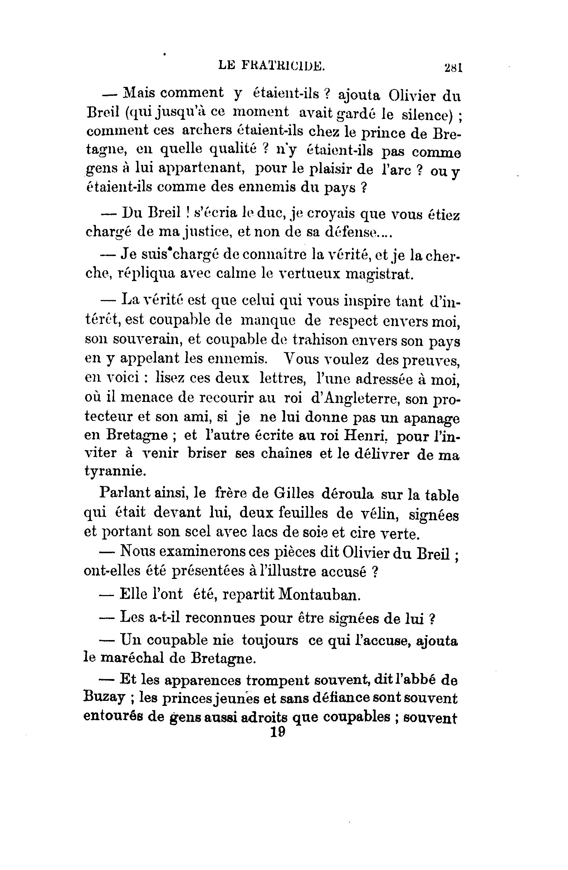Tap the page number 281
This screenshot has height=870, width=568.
point(453,68)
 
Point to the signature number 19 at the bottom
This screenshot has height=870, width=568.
point(278,733)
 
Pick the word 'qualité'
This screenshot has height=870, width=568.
point(232,149)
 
